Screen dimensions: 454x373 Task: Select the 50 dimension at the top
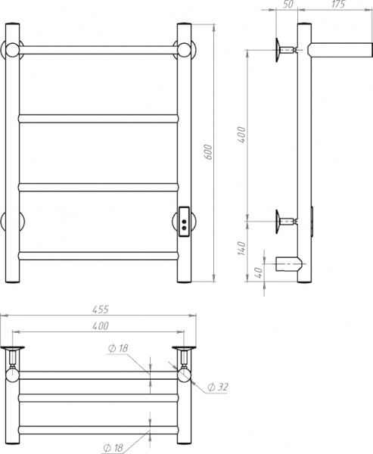click(x=288, y=5)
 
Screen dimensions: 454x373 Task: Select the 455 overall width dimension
click(x=101, y=309)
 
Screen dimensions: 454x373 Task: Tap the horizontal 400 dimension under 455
click(x=101, y=325)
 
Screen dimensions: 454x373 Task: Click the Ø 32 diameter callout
click(x=219, y=387)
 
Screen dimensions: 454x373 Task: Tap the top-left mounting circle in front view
click(x=13, y=51)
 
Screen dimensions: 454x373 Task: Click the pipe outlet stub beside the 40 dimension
click(x=288, y=265)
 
